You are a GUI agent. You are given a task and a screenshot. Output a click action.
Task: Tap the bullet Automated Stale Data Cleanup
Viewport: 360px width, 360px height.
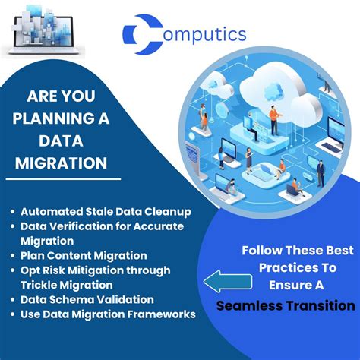(106, 212)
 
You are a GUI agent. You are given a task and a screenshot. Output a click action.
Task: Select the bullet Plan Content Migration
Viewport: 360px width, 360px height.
(84, 255)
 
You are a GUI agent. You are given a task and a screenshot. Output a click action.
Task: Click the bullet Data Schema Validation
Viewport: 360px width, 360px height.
(87, 299)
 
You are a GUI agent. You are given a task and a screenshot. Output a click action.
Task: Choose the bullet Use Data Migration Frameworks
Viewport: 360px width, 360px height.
(108, 314)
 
